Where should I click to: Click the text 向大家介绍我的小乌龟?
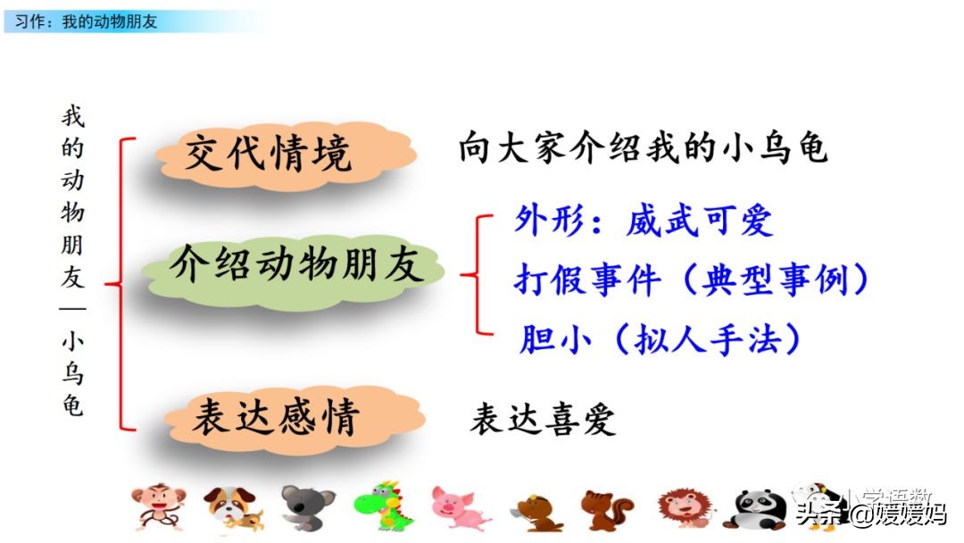point(644,148)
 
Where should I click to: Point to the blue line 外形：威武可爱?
point(643,221)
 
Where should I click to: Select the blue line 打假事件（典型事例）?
point(692,280)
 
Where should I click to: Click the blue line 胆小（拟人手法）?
point(661,339)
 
